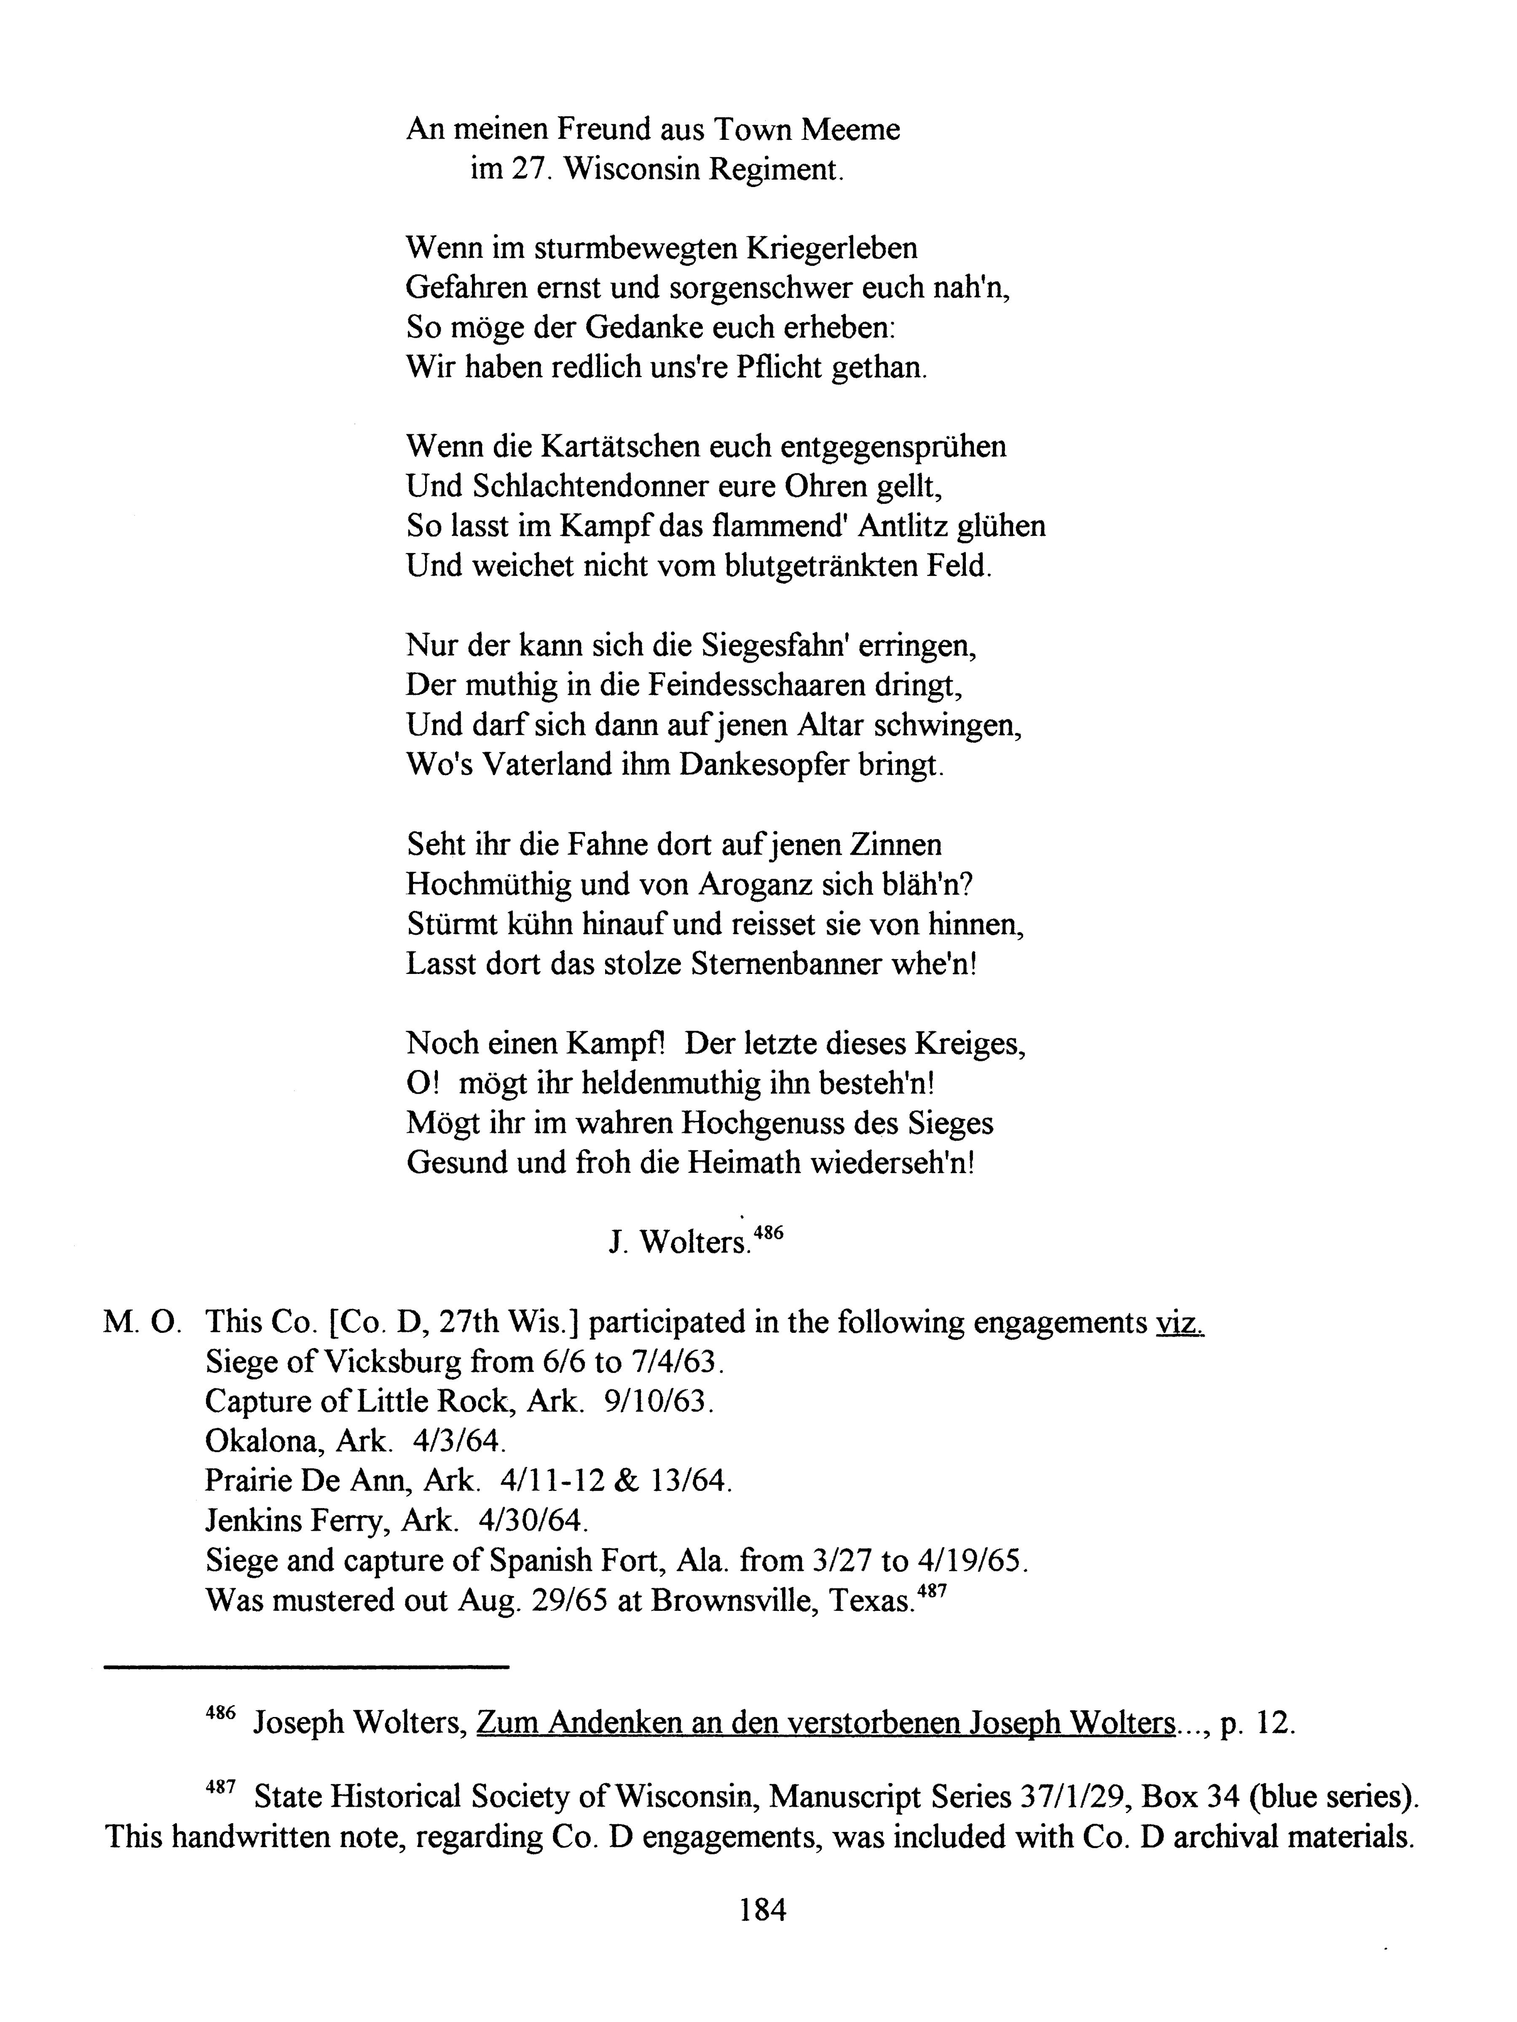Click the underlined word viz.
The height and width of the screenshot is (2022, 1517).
pos(1179,1323)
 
